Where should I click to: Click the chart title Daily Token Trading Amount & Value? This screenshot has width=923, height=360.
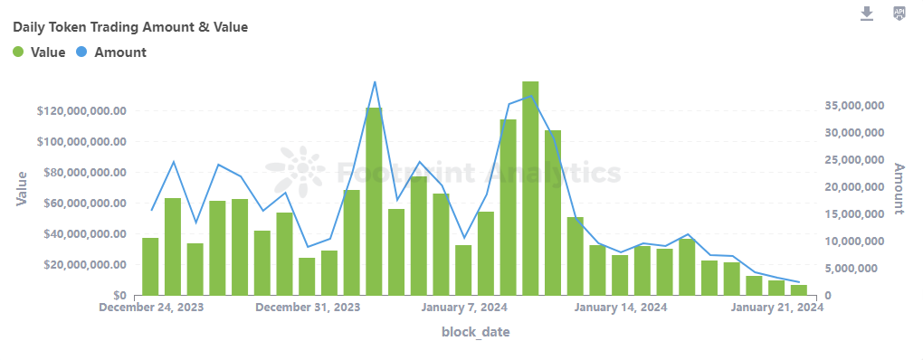130,27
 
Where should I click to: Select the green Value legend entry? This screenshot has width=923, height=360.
39,52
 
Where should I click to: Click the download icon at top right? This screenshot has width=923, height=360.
867,13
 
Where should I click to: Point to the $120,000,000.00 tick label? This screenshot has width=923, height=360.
81,111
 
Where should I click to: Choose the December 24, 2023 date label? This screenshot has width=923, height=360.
151,308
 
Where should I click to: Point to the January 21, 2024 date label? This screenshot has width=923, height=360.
776,308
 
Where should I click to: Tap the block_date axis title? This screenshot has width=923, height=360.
475,332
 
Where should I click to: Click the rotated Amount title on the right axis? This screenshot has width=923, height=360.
899,189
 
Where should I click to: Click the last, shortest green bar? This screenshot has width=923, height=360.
798,289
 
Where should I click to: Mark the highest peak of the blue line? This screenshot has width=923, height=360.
375,81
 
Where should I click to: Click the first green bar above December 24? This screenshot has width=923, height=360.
150,266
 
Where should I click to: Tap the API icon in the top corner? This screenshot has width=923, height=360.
899,13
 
